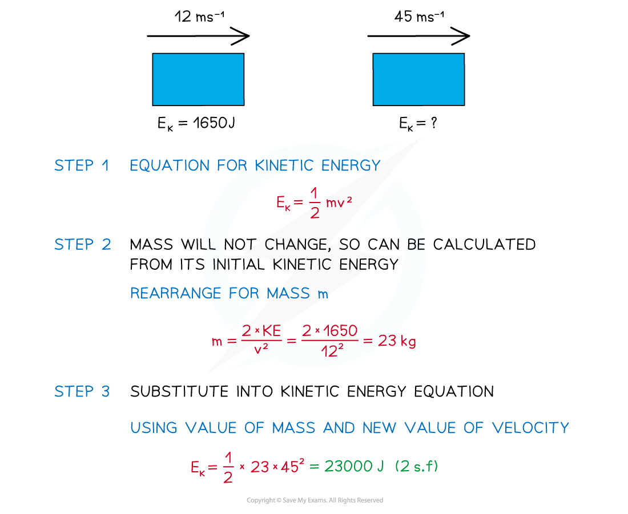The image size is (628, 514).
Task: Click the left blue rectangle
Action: click(198, 79)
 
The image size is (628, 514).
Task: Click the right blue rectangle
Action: click(418, 79)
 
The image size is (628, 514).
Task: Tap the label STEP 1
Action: click(82, 166)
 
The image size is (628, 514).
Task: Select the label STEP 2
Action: click(82, 245)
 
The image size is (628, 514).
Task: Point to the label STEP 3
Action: click(82, 392)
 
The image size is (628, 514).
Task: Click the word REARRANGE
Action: click(176, 294)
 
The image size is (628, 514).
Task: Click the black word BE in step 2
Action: click(416, 245)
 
